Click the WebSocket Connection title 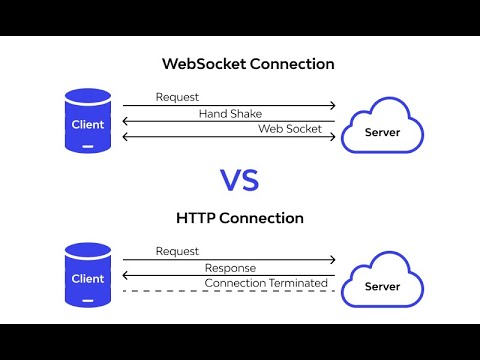[x=248, y=64]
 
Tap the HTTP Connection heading [x=240, y=218]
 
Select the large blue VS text [x=240, y=180]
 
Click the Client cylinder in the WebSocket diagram [x=88, y=120]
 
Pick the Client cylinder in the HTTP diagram [x=88, y=275]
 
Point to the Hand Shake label [x=230, y=114]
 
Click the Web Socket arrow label [x=290, y=129]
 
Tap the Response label [x=230, y=268]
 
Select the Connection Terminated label [x=266, y=283]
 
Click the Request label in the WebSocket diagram [x=177, y=97]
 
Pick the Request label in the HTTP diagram [x=177, y=251]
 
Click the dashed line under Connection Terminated [x=229, y=291]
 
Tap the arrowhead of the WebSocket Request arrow [x=333, y=106]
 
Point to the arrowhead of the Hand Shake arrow [x=125, y=121]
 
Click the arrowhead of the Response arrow [x=125, y=275]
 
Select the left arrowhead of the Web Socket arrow [x=125, y=137]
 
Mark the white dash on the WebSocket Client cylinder [x=88, y=146]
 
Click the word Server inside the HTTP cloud [x=382, y=286]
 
